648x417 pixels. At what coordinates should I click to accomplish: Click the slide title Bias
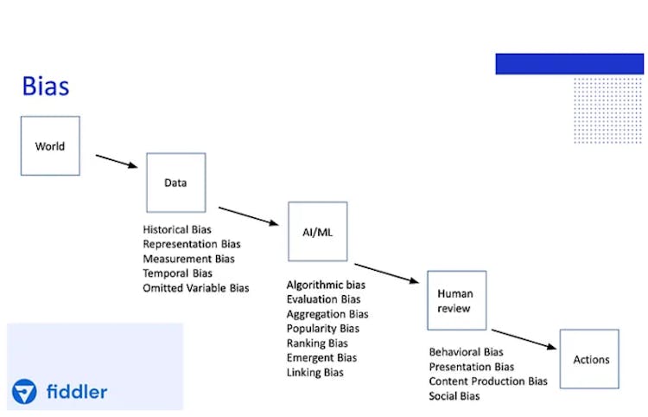click(46, 87)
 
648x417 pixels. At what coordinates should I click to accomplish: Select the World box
click(50, 146)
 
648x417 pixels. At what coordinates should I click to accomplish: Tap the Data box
click(175, 183)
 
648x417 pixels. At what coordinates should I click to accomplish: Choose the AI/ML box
click(318, 232)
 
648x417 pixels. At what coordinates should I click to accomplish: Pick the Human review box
click(456, 300)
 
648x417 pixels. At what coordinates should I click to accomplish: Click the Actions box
click(589, 359)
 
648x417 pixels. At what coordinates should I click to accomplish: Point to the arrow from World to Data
click(117, 161)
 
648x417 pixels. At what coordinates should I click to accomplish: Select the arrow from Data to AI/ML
click(250, 216)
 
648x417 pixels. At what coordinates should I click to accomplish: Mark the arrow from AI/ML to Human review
click(387, 273)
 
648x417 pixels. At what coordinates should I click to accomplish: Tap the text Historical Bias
click(177, 230)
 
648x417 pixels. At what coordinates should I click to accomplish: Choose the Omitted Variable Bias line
click(196, 288)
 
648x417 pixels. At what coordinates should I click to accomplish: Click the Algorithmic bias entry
click(326, 285)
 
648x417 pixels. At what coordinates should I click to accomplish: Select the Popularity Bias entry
click(323, 329)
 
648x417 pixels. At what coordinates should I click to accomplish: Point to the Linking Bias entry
click(315, 372)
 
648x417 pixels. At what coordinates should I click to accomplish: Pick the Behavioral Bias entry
click(466, 352)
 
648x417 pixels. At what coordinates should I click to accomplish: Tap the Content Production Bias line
click(488, 382)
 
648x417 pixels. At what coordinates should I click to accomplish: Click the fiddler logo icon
click(24, 392)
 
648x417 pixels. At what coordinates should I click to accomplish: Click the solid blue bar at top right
click(569, 64)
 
